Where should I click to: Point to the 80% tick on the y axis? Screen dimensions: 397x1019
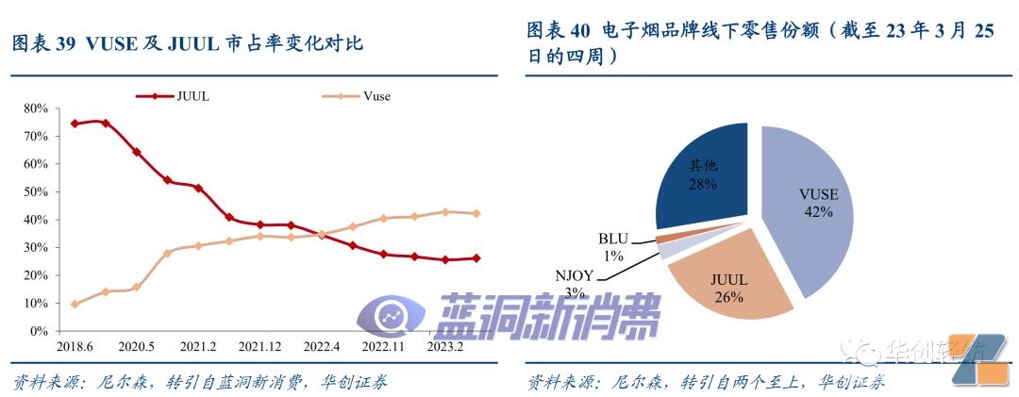click(x=35, y=108)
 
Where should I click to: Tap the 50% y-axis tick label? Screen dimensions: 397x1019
click(x=35, y=192)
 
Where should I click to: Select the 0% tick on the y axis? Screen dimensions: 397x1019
click(x=39, y=331)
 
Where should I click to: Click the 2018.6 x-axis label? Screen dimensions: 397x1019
click(x=74, y=347)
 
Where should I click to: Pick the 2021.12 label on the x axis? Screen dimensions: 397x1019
click(x=259, y=347)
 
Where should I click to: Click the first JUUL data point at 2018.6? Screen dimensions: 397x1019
click(x=75, y=124)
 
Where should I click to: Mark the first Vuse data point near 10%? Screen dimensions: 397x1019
click(x=75, y=304)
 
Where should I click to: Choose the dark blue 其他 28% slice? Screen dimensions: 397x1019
click(x=703, y=174)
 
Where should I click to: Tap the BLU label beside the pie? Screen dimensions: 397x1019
click(x=614, y=240)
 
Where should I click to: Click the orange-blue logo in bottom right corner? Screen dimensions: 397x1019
click(x=981, y=359)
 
